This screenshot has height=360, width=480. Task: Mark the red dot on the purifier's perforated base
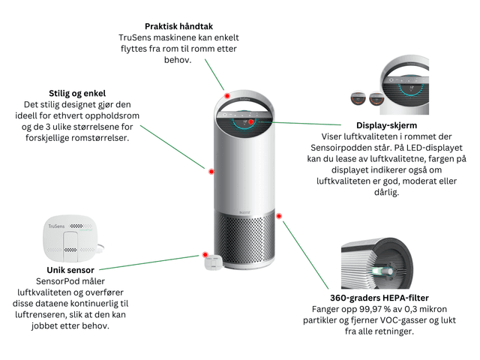point(279,215)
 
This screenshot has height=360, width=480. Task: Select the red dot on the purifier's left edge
point(211,172)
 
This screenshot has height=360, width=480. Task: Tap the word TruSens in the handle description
point(133,37)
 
